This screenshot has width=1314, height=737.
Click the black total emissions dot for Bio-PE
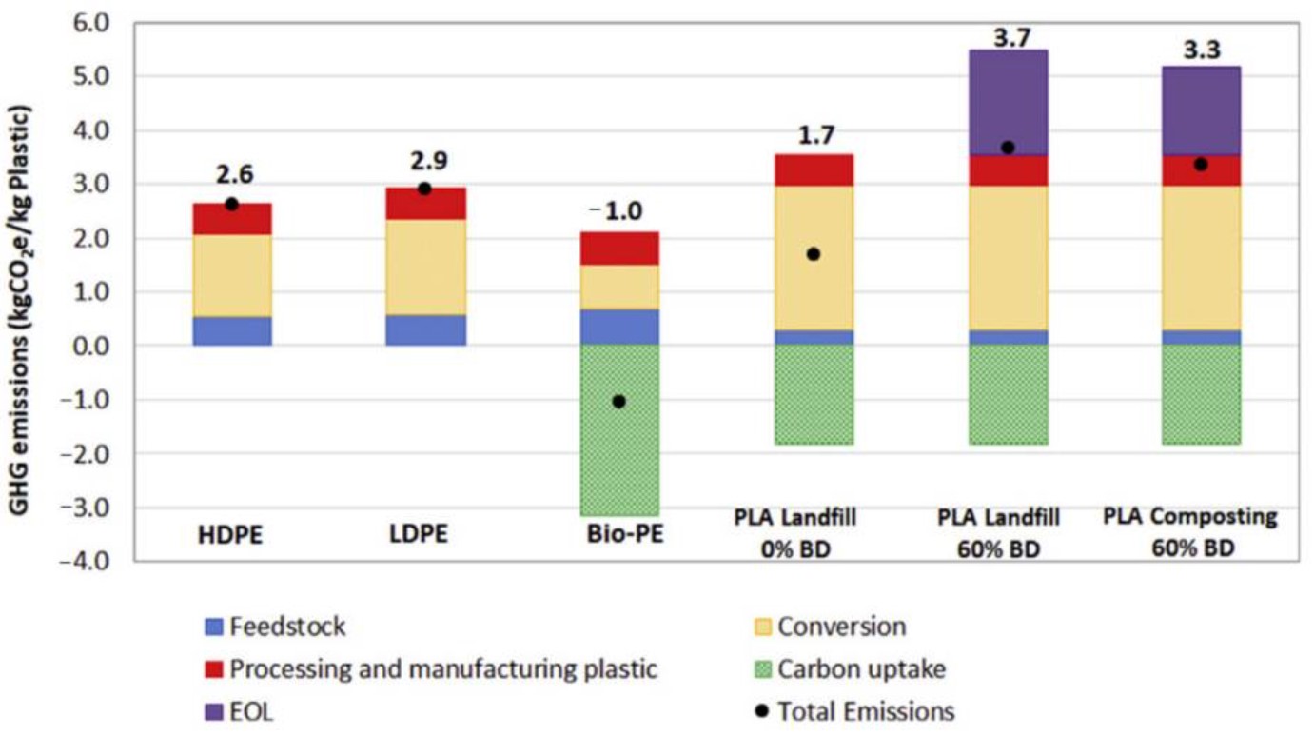click(619, 401)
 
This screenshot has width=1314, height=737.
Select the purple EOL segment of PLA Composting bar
click(1201, 110)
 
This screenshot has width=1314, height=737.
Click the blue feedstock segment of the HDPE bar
click(231, 330)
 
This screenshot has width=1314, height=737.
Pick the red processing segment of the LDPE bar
click(425, 204)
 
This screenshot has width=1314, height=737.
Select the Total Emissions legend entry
click(853, 710)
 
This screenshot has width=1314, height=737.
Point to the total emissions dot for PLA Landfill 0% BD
click(814, 254)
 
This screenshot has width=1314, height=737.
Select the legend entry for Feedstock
click(276, 627)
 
